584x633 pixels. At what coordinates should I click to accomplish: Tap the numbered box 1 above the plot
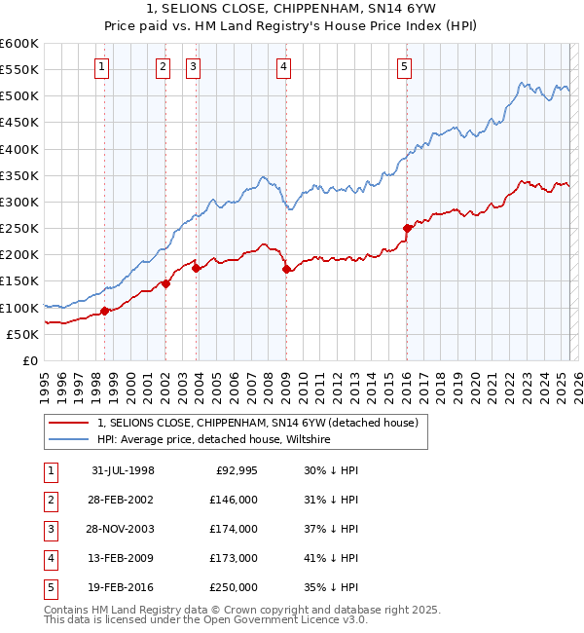[x=103, y=67]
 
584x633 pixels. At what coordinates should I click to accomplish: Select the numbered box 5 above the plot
[x=404, y=67]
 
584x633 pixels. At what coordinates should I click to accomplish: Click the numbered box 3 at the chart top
[x=194, y=67]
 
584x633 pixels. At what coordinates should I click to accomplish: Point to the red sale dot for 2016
[x=407, y=228]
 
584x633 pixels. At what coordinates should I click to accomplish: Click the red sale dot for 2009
[x=286, y=270]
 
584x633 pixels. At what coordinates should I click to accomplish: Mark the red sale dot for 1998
[x=104, y=312]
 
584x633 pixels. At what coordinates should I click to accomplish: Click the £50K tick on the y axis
[x=23, y=334]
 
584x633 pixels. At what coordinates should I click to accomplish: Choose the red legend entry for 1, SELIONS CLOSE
[x=257, y=423]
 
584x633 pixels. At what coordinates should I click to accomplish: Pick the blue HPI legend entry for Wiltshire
[x=213, y=439]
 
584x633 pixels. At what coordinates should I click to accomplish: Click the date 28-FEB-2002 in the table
[x=123, y=500]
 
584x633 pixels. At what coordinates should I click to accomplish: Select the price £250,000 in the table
[x=235, y=587]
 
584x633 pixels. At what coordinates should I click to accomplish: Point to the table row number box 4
[x=51, y=558]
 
